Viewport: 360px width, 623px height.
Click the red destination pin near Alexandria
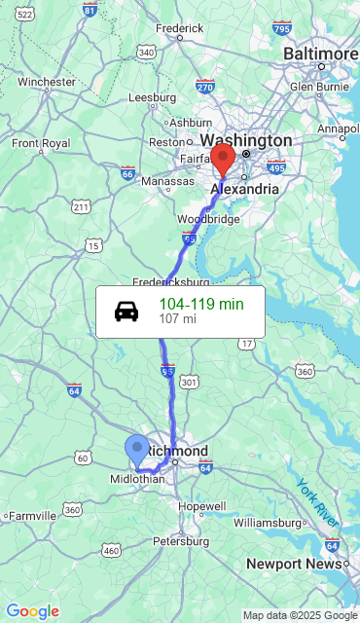[x=223, y=158]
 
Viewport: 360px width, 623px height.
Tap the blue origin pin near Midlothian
[x=137, y=451]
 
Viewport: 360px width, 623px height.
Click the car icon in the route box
[x=126, y=311]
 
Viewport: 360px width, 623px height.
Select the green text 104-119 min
[x=201, y=304]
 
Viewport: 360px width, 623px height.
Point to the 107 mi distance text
[x=177, y=319]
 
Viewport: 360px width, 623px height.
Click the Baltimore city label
[x=321, y=53]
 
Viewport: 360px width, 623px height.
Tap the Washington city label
[x=246, y=140]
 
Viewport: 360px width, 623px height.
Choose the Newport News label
[x=294, y=564]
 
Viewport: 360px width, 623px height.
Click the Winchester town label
[x=46, y=82]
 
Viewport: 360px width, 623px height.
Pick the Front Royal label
[x=41, y=143]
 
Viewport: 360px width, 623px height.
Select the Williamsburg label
[x=269, y=523]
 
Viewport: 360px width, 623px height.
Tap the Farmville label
[x=33, y=516]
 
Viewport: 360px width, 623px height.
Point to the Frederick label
[x=179, y=29]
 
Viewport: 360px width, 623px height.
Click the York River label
[x=317, y=502]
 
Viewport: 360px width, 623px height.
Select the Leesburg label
[x=152, y=97]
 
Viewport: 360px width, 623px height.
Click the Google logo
[x=32, y=611]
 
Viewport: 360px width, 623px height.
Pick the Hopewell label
[x=202, y=506]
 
